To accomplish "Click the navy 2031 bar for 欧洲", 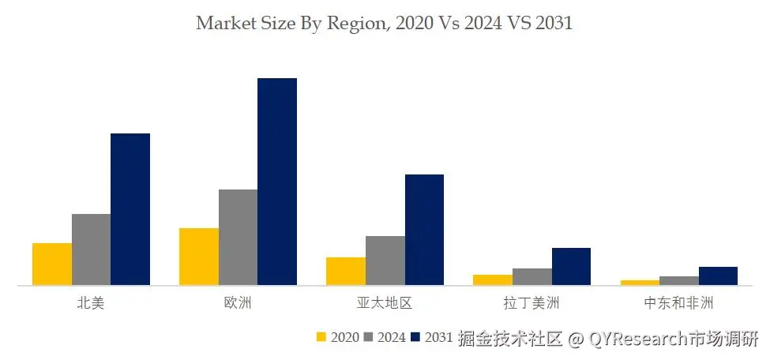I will pos(277,182).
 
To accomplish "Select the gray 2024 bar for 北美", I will pos(91,249).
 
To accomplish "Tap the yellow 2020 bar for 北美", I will pos(52,264).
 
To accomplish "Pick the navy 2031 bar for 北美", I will pos(130,209).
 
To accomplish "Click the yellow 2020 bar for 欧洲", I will pos(199,257).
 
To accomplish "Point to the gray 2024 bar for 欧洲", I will pos(239,237).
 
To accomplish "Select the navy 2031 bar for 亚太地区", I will pos(424,230).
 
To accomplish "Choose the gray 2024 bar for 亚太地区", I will pos(385,261).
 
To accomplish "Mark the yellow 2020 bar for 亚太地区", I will pos(346,271).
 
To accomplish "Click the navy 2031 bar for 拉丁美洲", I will pos(571,266).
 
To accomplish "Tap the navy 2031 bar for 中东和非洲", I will pos(718,276).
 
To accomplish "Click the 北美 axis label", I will pos(91,304).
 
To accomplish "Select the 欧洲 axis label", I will pos(238,304).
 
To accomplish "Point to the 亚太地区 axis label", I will pos(385,304).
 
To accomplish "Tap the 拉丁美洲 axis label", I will pos(531,304).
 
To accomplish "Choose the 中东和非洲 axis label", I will pos(678,304).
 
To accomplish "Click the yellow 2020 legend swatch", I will pos(321,337).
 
